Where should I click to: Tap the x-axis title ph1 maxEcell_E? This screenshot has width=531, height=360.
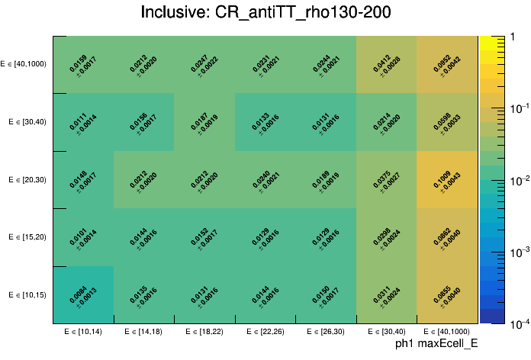pos(436,344)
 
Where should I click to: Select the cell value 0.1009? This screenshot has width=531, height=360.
pos(445,176)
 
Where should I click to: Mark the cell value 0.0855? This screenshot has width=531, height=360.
pos(445,291)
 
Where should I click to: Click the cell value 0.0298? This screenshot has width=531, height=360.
pos(385,233)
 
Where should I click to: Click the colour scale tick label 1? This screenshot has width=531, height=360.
pos(512,36)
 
